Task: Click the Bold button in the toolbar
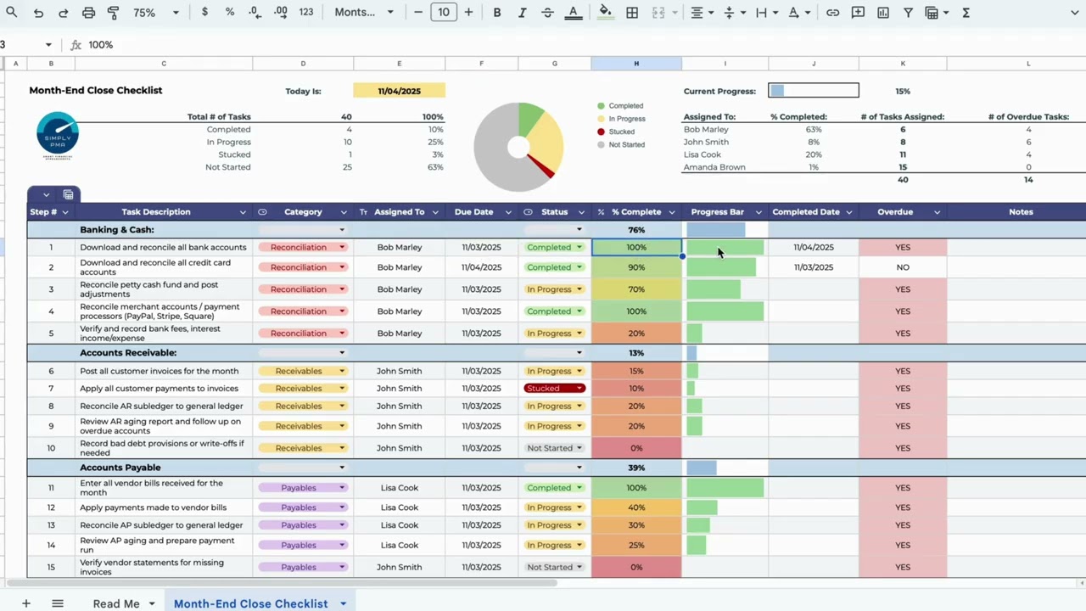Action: pos(497,13)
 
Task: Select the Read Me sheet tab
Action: pos(116,603)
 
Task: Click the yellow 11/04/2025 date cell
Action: pos(399,91)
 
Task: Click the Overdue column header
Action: pos(895,212)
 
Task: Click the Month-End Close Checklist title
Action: pos(96,90)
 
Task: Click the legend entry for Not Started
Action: pos(626,145)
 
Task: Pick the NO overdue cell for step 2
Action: pos(902,267)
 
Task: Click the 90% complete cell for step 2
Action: pos(636,267)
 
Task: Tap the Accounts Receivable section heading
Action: pos(128,353)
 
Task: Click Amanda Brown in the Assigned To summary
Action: pos(714,167)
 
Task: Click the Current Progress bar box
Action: pos(813,91)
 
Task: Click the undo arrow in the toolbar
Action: pos(38,13)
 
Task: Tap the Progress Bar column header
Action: pos(717,212)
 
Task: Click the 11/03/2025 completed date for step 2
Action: pos(813,267)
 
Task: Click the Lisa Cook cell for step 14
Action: pos(399,546)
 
